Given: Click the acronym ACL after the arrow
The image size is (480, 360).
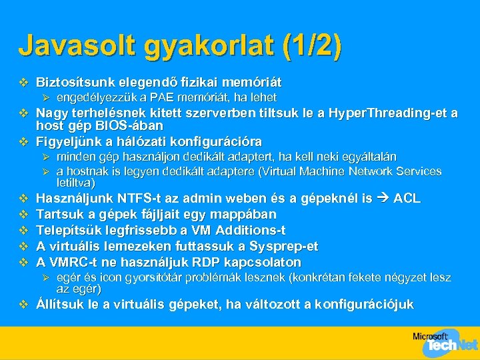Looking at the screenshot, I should (x=407, y=199).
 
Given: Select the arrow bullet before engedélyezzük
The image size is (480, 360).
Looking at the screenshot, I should (x=46, y=98).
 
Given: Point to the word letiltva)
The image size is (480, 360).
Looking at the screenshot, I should (x=75, y=182).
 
